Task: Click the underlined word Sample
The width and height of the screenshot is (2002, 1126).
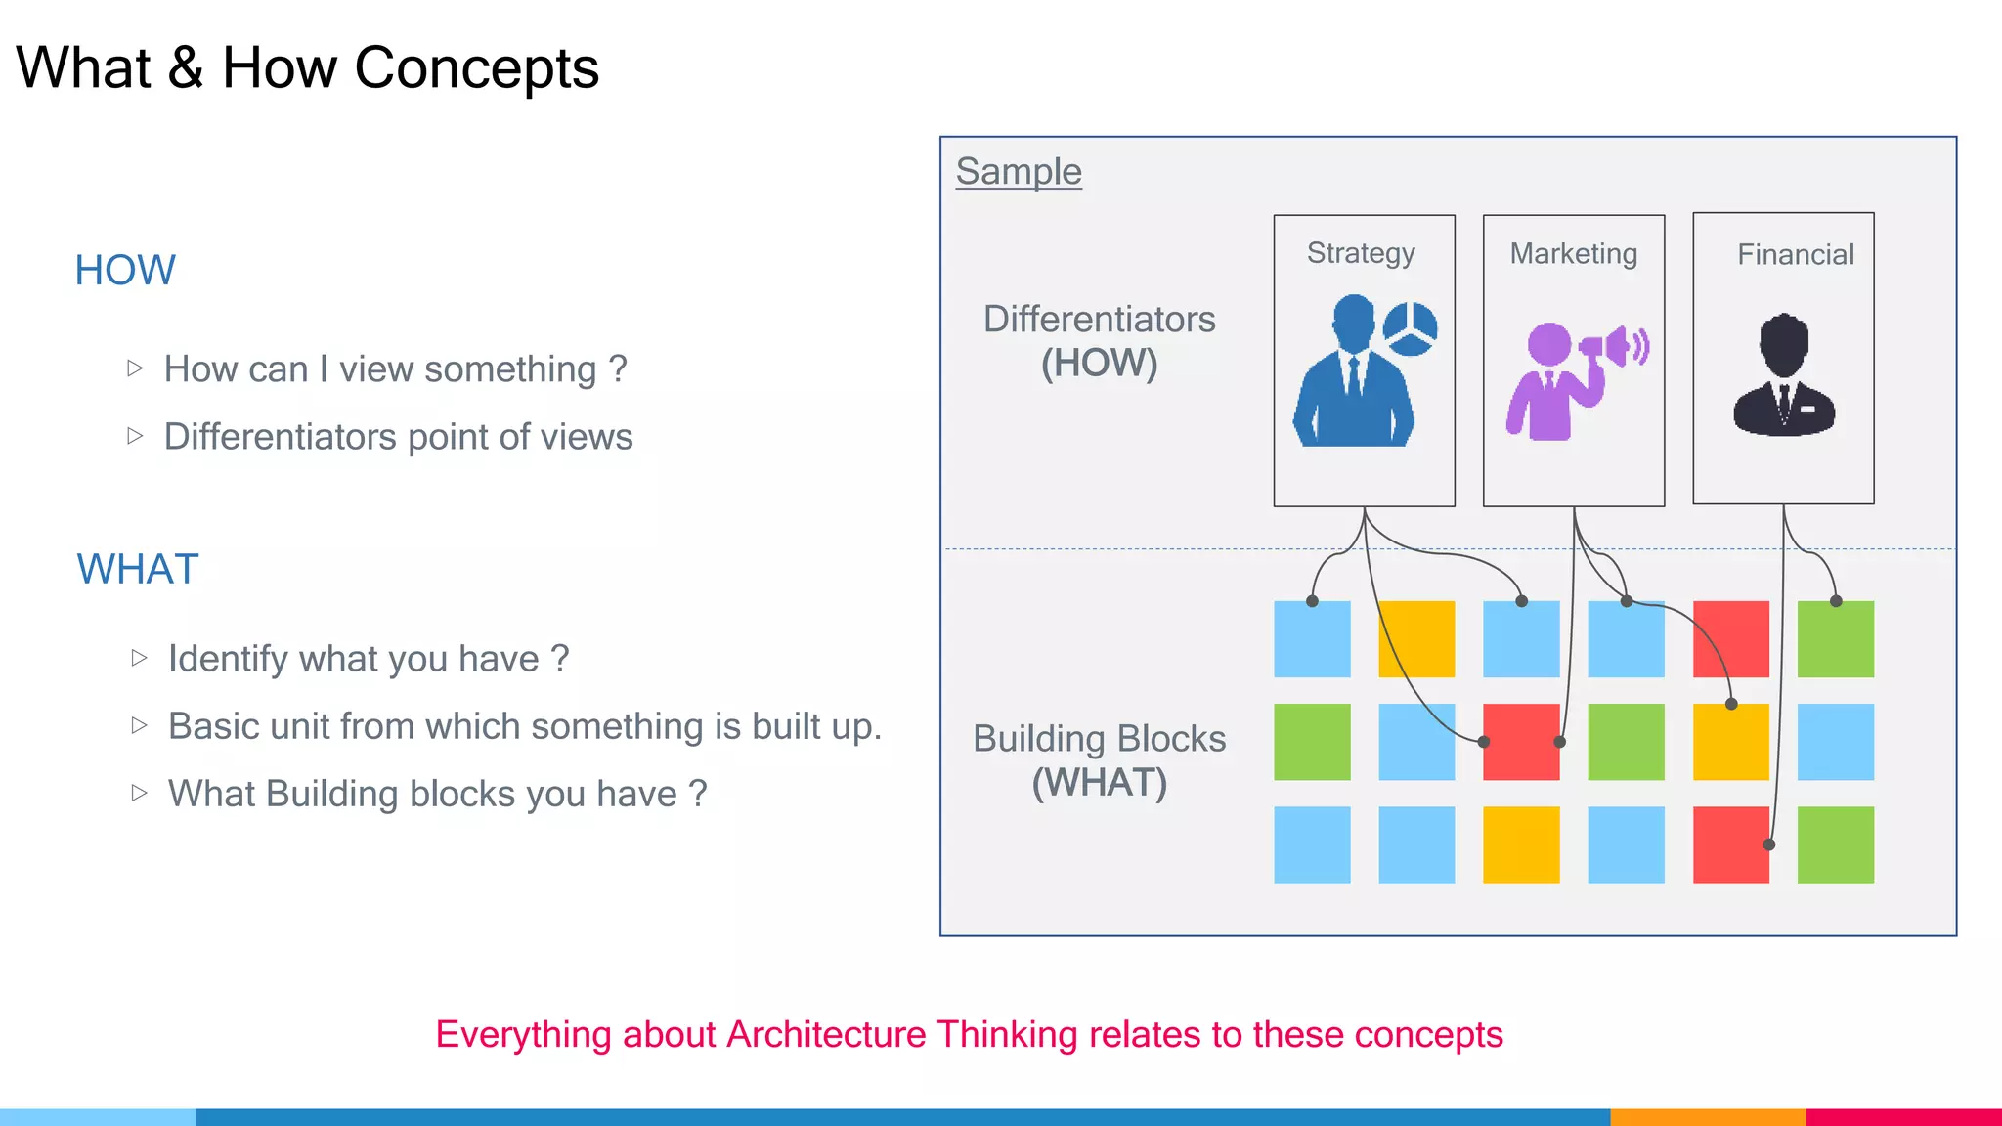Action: tap(1019, 171)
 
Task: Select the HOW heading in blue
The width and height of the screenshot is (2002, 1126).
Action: tap(125, 270)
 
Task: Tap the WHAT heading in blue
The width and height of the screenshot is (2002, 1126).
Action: tap(138, 569)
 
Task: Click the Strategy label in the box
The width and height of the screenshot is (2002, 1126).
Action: tap(1361, 253)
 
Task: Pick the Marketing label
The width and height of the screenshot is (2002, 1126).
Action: tap(1573, 254)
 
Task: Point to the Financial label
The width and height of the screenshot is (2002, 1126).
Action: tap(1795, 255)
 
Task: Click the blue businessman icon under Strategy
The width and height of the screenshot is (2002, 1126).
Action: tap(1353, 376)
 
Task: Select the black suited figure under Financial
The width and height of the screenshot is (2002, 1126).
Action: tap(1784, 376)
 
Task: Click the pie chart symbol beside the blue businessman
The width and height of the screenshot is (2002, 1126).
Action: tap(1410, 328)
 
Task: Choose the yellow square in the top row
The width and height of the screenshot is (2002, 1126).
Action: tap(1416, 639)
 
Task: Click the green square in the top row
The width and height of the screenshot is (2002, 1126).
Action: tap(1835, 639)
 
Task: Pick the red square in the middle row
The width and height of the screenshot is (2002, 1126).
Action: tap(1521, 742)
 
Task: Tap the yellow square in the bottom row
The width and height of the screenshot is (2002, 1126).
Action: tap(1521, 844)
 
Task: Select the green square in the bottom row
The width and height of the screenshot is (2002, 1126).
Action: tap(1835, 844)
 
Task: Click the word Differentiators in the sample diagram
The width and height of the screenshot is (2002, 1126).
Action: tap(1099, 320)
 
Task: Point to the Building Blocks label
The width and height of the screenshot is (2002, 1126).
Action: tap(1099, 739)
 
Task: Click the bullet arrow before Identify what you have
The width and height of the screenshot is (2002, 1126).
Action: tap(139, 658)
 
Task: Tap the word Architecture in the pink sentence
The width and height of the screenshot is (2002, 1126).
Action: tap(826, 1034)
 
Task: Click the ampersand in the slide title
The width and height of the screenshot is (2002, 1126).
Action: tap(186, 68)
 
